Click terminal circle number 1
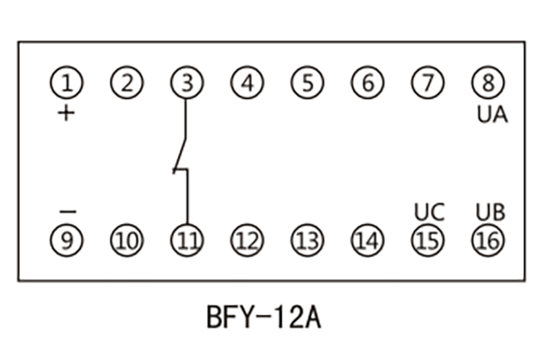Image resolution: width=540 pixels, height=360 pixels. pyautogui.click(x=66, y=84)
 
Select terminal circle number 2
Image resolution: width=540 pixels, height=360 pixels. pyautogui.click(x=126, y=84)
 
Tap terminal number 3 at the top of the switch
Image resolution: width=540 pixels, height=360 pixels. pyautogui.click(x=186, y=84)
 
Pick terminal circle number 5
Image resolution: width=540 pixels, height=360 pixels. pyautogui.click(x=307, y=84)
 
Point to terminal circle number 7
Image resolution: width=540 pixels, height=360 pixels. pyautogui.click(x=427, y=84)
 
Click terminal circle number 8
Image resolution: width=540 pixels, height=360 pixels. pyautogui.click(x=489, y=84)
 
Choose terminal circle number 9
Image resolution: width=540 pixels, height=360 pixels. pyautogui.click(x=66, y=240)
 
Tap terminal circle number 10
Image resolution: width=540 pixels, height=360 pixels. pyautogui.click(x=126, y=240)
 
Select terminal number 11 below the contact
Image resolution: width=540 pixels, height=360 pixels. pyautogui.click(x=186, y=240)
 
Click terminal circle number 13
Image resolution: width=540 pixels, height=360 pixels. pyautogui.click(x=307, y=240)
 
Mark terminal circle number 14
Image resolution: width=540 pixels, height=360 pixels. pyautogui.click(x=367, y=240)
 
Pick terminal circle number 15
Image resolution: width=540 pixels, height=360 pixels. pyautogui.click(x=427, y=240)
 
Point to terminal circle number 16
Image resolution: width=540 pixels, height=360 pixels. pyautogui.click(x=489, y=240)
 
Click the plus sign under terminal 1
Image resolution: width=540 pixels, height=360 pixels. pyautogui.click(x=66, y=114)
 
